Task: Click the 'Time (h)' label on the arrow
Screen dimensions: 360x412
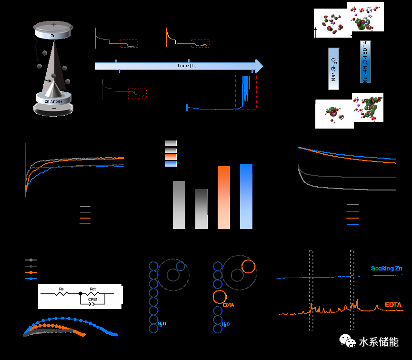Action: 187,66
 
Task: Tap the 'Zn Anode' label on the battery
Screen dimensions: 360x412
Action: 53,101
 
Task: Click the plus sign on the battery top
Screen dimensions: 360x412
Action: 53,24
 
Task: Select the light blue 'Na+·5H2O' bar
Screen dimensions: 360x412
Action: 334,69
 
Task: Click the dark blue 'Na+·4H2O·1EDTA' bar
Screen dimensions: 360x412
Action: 366,62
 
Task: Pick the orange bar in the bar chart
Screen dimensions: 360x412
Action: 224,197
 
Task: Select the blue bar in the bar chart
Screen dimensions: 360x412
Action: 246,196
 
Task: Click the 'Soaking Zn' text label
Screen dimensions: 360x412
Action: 386,269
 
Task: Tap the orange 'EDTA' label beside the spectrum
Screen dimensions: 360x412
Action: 393,305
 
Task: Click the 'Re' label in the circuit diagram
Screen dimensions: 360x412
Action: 61,289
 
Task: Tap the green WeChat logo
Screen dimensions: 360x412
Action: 347,341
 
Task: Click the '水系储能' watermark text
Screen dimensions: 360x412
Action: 378,341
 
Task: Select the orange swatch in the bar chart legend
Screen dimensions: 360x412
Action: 171,157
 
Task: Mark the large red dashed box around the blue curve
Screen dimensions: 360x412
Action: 246,92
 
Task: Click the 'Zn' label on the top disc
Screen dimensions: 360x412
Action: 53,36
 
